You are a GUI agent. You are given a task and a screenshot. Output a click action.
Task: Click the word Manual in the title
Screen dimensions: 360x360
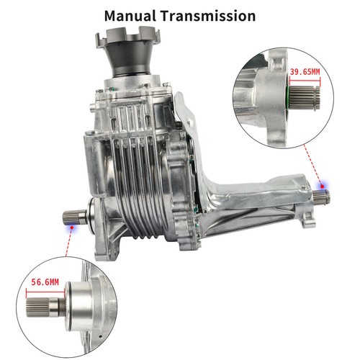(130, 16)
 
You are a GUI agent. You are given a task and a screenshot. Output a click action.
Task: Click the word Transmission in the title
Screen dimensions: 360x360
(208, 16)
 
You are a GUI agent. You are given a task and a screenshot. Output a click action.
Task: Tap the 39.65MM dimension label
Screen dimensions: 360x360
(305, 71)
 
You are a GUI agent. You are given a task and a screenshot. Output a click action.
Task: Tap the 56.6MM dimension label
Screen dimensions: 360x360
(45, 282)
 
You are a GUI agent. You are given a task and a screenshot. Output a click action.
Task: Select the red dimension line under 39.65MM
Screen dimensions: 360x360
(305, 80)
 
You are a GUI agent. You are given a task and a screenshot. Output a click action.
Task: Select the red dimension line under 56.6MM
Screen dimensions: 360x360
(45, 292)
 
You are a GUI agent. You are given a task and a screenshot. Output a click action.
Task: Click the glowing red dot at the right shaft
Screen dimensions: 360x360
(322, 186)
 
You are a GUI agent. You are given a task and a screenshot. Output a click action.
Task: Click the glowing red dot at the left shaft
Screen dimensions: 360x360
(71, 227)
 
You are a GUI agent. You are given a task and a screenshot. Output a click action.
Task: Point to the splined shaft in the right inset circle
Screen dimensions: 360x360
(305, 97)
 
